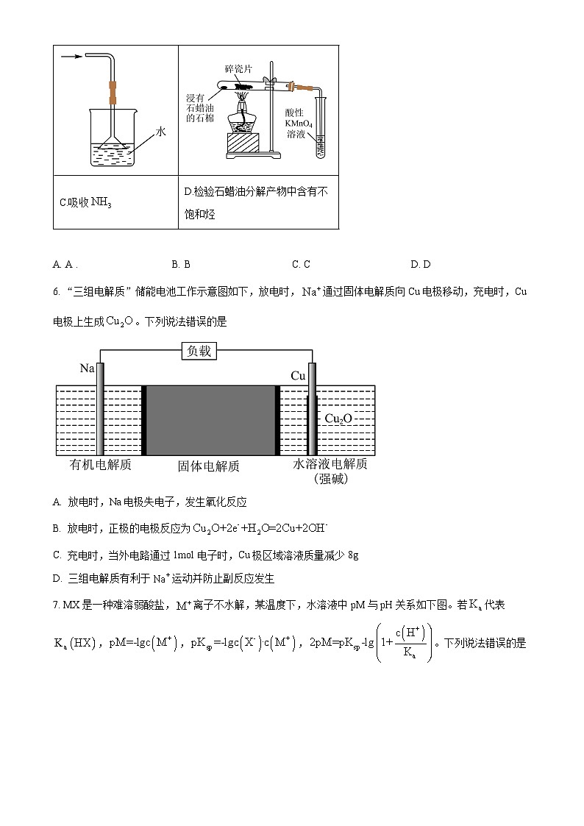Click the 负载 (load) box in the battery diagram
[199, 352]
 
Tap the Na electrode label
[88, 367]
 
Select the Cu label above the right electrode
[298, 376]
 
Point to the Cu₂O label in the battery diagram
[338, 419]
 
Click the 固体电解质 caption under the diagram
[209, 466]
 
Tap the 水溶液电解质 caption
[330, 464]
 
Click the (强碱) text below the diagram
[331, 479]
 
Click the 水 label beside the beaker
[161, 132]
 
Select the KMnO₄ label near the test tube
[300, 124]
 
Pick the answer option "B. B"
[181, 264]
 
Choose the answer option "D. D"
[421, 264]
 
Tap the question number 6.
[56, 292]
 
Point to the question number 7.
[56, 605]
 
